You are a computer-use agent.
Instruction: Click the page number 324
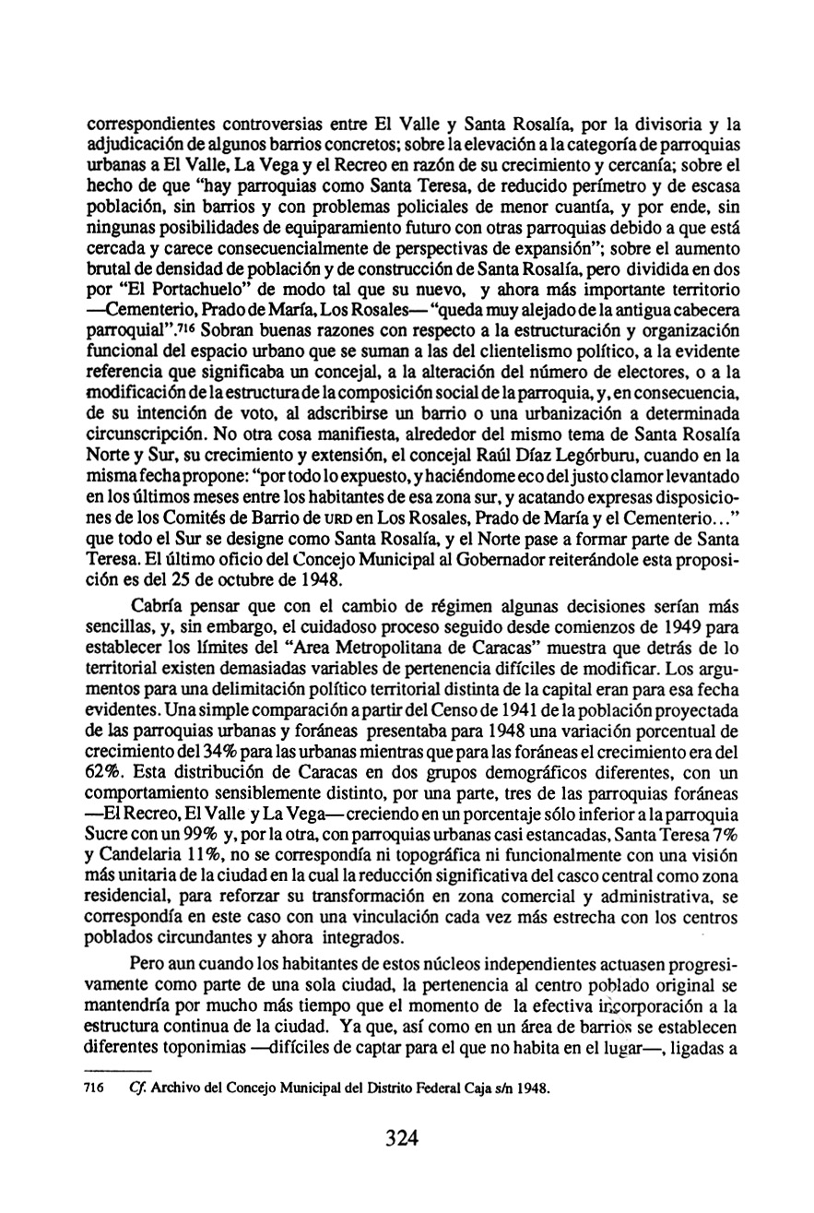point(403,1137)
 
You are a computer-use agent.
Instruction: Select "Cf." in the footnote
point(140,1088)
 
